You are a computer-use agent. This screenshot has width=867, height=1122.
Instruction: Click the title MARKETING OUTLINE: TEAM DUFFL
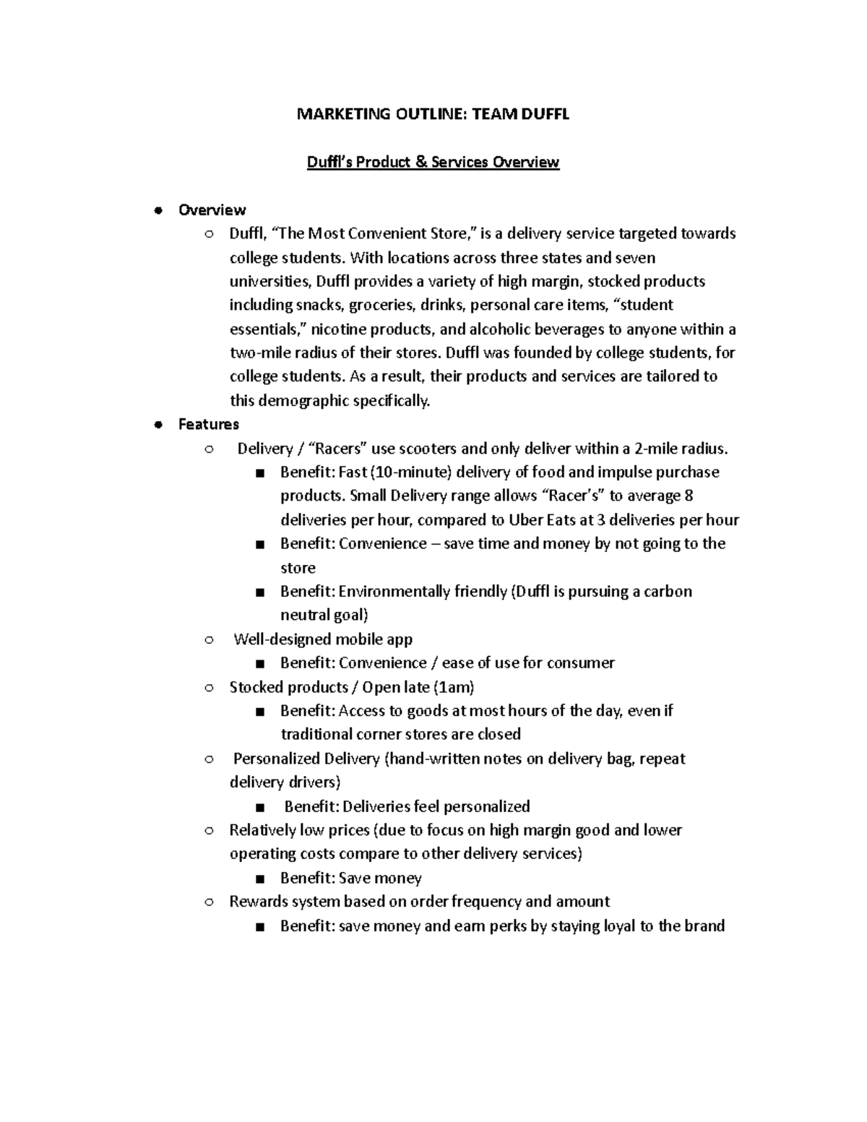coord(433,114)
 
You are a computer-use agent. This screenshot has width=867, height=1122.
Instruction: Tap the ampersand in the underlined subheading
coord(421,162)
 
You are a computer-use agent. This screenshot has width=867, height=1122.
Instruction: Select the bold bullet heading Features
coord(208,424)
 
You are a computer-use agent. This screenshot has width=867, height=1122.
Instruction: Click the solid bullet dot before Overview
coord(157,210)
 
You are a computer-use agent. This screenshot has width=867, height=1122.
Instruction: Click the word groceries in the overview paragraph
coord(384,305)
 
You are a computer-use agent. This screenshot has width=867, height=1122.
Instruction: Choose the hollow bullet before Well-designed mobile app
coord(208,640)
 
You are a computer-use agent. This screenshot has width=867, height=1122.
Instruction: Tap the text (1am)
coord(453,687)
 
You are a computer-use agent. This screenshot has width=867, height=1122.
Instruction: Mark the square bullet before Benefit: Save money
coord(260,879)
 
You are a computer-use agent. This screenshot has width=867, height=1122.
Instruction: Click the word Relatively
coord(262,830)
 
